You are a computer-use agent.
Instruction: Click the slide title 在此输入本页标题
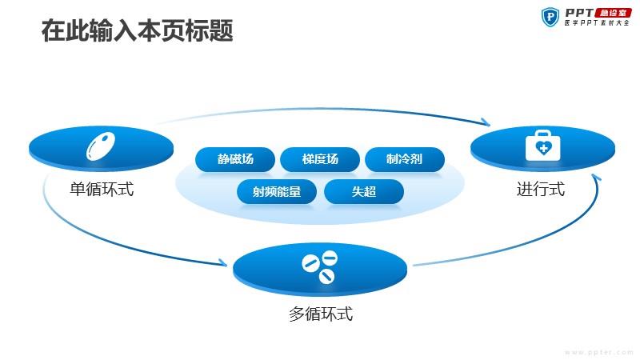137,30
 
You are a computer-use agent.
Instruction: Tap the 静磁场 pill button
235,158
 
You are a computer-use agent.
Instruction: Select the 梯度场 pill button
320,158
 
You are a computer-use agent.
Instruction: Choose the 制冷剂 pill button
405,158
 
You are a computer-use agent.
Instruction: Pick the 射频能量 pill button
277,191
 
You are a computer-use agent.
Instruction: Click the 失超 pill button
364,191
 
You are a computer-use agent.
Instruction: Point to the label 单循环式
102,189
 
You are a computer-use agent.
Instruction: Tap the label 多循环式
321,314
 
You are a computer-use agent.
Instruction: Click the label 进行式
541,189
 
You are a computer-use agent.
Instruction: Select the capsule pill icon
101,146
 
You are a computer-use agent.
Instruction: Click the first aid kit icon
543,146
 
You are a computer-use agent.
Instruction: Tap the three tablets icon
319,267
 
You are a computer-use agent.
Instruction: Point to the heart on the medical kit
543,148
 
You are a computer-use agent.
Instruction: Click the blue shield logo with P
550,17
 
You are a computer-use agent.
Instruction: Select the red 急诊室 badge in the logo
613,13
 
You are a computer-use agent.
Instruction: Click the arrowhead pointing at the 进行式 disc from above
486,122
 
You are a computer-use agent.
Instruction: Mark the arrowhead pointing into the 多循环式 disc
223,262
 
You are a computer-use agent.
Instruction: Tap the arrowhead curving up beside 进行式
596,177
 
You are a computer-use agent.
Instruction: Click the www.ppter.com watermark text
599,352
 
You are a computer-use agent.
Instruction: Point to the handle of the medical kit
543,133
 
